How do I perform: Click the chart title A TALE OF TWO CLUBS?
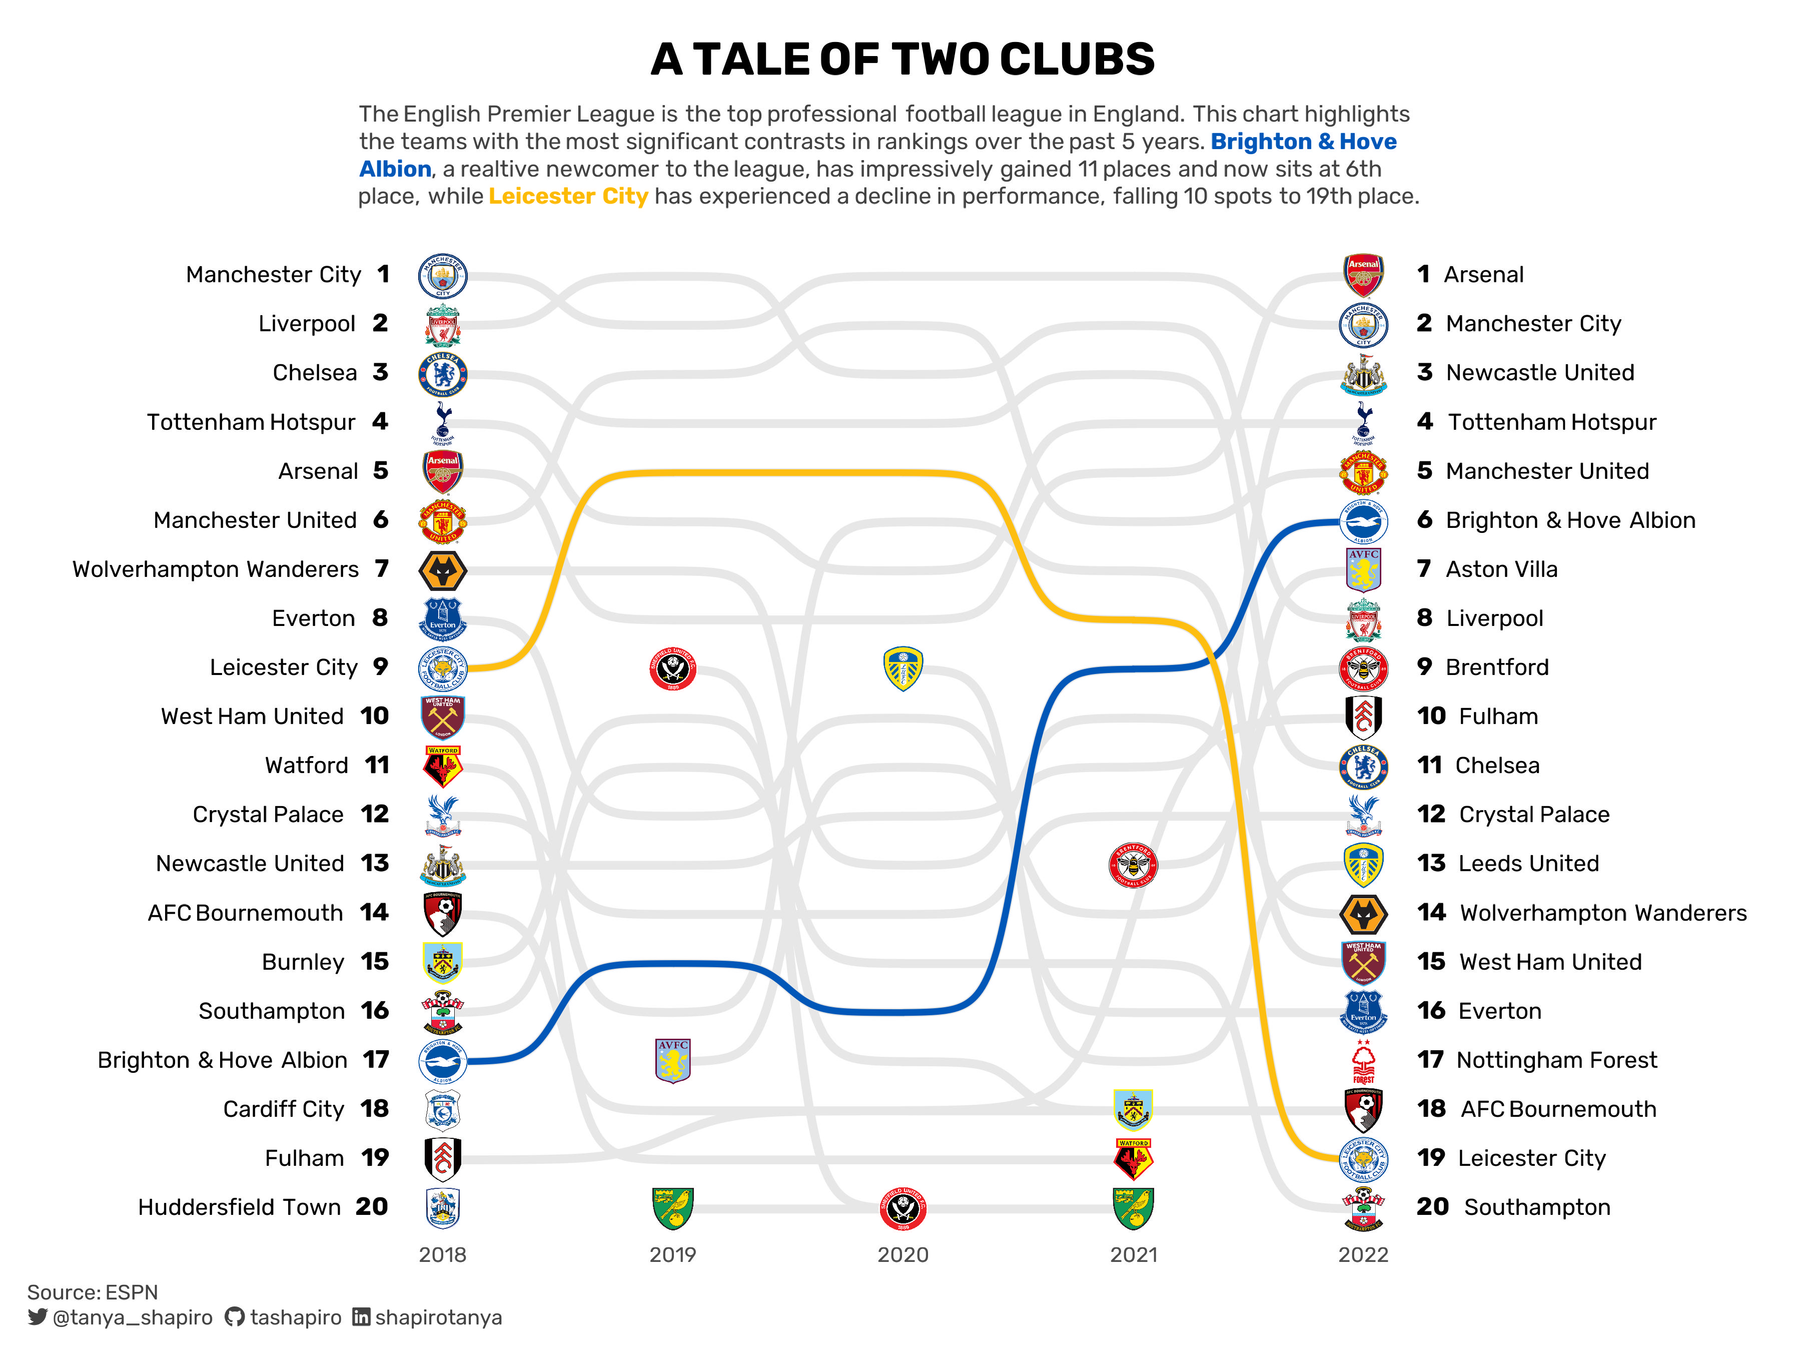tap(902, 60)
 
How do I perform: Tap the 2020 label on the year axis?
tap(902, 1254)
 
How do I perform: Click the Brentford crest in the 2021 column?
tap(1133, 865)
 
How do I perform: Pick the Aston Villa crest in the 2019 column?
tap(672, 1060)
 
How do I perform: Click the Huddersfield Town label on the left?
tap(239, 1207)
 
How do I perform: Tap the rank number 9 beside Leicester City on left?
tap(380, 667)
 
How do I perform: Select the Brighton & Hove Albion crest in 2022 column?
tap(1363, 521)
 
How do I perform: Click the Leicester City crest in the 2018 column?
tap(442, 668)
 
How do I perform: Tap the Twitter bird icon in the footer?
tap(38, 1317)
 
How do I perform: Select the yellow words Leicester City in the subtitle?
tap(567, 196)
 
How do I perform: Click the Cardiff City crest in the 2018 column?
tap(442, 1110)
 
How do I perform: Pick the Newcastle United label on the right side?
tap(1540, 372)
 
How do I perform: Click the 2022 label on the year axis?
tap(1363, 1254)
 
